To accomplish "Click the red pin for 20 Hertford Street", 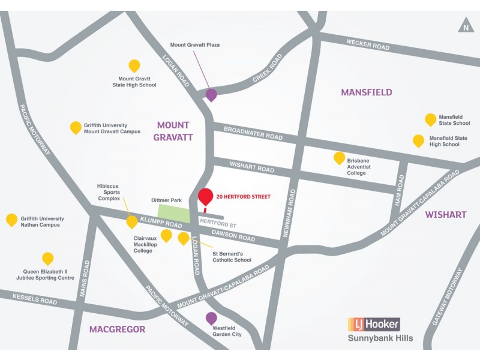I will (x=205, y=197).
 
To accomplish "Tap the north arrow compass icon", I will (x=466, y=26).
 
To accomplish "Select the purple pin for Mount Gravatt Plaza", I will (x=211, y=94).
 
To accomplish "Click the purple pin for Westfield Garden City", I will (x=211, y=317).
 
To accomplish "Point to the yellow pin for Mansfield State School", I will (x=430, y=119).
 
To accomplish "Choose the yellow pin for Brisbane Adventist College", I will (x=339, y=158).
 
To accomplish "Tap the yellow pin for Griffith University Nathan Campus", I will (x=11, y=219).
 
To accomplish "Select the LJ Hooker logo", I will (x=374, y=325).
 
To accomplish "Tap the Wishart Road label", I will (x=244, y=166).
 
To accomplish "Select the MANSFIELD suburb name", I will (x=366, y=92).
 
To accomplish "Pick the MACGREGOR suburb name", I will (x=117, y=329).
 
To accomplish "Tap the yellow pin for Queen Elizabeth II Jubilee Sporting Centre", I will (x=47, y=258).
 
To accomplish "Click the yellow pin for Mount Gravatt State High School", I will (x=134, y=65).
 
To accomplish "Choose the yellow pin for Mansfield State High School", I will (x=418, y=140).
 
